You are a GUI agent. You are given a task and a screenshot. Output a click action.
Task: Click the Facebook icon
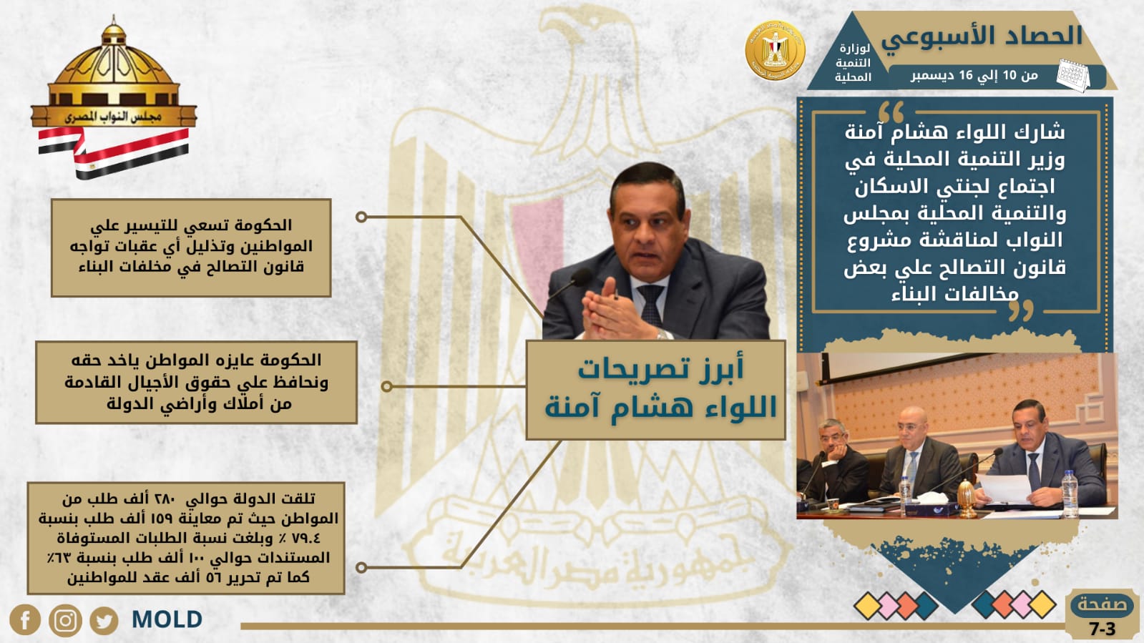pos(24,620)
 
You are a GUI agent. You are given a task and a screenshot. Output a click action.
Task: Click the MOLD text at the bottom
pos(167,619)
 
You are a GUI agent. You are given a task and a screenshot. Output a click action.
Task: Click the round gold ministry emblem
pos(775,50)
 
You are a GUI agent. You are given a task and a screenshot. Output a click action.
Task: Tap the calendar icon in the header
pos(1072,76)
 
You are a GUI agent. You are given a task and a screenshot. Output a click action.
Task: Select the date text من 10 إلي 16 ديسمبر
pos(974,76)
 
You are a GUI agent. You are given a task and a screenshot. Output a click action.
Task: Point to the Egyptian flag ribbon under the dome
pos(113,151)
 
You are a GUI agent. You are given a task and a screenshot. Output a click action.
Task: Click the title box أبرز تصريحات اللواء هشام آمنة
pos(656,391)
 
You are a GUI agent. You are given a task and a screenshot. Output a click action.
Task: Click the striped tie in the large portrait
pos(650,305)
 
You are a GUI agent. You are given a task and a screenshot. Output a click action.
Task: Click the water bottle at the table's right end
pos(1070,494)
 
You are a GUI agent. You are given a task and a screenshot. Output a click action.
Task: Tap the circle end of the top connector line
pos(361,217)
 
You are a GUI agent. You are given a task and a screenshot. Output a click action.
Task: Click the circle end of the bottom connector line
pos(361,567)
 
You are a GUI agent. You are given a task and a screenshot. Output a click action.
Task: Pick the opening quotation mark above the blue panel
pos(891,112)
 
